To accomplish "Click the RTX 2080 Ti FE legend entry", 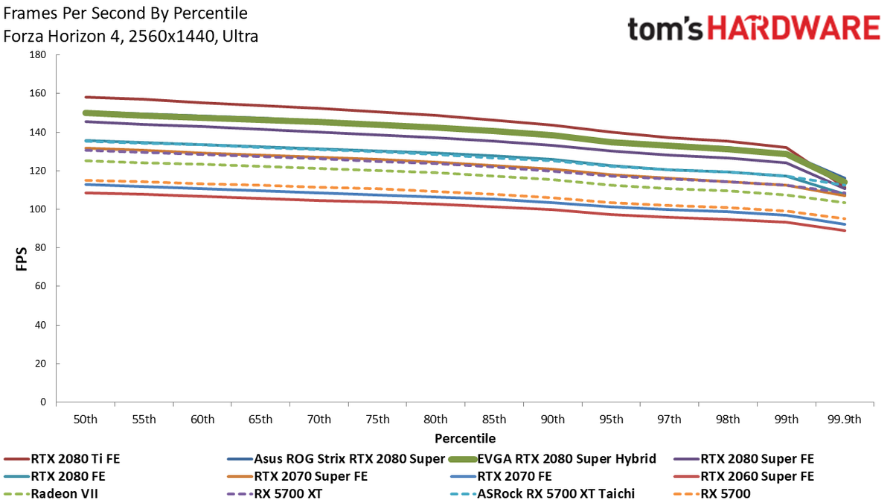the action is [62, 459].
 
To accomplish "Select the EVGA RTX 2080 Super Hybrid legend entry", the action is [552, 459].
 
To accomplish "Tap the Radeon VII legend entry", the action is [51, 494].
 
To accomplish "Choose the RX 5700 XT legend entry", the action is [275, 494].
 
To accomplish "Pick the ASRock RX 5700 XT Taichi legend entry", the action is [542, 494].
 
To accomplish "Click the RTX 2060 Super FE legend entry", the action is [743, 476].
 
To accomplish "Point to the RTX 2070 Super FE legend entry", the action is [297, 476].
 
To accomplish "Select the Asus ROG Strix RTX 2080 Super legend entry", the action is [336, 459].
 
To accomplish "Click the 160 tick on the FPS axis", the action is [38, 93].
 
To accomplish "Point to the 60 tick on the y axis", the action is [41, 286].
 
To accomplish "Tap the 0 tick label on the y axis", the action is [43, 402].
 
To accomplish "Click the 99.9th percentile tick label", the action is [845, 419].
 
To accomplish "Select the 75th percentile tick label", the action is [377, 419].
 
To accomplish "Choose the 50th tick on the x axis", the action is [86, 419].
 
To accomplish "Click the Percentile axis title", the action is [465, 438].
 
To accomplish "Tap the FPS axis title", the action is [22, 259].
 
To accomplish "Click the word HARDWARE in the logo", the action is [794, 28].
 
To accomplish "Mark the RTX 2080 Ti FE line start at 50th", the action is [86, 97].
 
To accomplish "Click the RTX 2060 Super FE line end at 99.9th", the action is [845, 230].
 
